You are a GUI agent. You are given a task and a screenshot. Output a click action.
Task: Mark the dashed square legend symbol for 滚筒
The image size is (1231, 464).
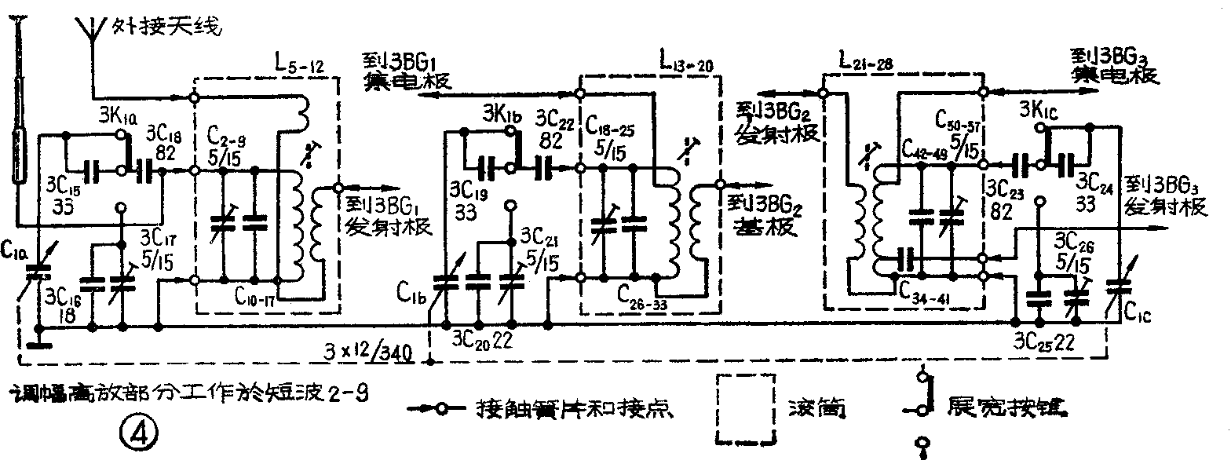(747, 409)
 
